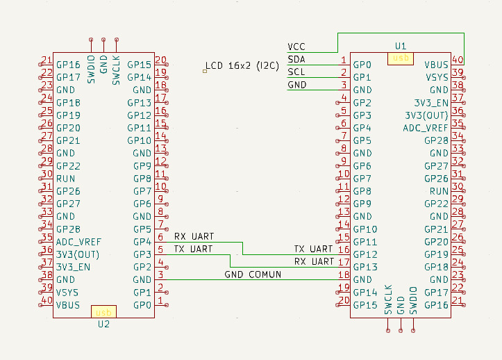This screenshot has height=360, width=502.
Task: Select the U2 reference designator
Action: [x=103, y=324]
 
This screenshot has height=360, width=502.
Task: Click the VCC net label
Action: [x=296, y=47]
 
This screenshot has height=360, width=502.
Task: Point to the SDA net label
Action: [x=296, y=59]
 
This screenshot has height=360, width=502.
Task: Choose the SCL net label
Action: [x=296, y=72]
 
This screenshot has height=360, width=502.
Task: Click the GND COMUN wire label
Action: [x=253, y=275]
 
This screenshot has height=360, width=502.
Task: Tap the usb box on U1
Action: [x=401, y=59]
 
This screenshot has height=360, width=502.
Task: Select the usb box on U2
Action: [x=104, y=311]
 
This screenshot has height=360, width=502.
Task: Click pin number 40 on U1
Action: [x=458, y=60]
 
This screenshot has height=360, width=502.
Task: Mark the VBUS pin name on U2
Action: [x=68, y=305]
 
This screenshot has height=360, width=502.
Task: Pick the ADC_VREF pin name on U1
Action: [x=426, y=128]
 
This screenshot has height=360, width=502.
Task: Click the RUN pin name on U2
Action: [x=66, y=179]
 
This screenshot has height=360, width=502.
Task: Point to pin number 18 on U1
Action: [x=343, y=275]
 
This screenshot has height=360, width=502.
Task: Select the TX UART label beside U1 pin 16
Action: [x=313, y=249]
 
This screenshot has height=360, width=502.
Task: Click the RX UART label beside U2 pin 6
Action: [x=194, y=236]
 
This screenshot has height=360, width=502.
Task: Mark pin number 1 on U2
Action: [x=160, y=301]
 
